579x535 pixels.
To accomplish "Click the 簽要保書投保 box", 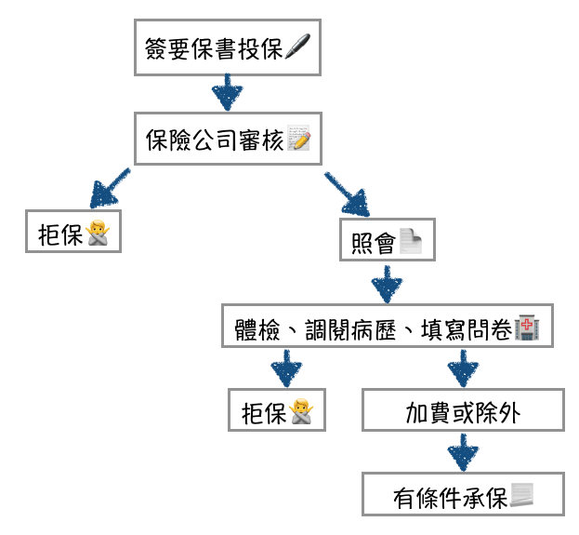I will pos(227,47).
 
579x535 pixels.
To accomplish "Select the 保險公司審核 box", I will pos(227,140).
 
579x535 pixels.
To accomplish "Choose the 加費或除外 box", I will pos(463,410).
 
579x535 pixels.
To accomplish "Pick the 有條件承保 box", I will pos(463,494).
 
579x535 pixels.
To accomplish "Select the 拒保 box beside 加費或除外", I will pos(277,410).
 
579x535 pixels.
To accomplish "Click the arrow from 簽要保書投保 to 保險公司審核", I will pos(227,93).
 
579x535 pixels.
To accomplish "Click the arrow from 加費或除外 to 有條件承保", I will pos(463,453).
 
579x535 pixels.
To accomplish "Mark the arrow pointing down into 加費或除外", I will pos(463,368).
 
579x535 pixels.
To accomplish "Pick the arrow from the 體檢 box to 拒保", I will pos(288,368).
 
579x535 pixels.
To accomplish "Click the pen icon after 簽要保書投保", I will pos(297,47).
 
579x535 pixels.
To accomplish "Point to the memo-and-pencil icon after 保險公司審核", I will pos(298,140).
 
